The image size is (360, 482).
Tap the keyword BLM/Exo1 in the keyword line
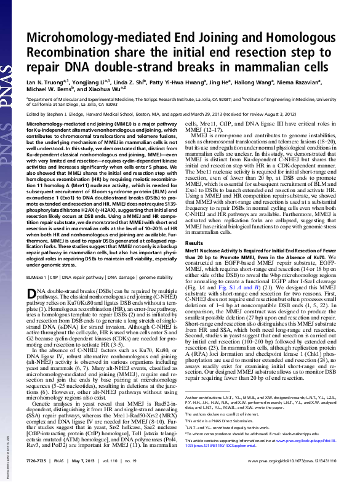[x=38, y=261]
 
